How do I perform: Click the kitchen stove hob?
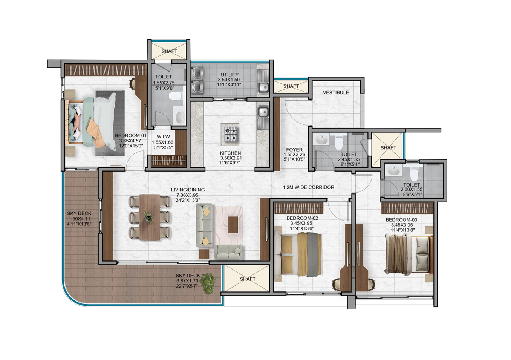coord(230,134)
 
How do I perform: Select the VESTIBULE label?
coord(336,93)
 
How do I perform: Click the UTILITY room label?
coord(229,75)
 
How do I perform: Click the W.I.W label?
coord(163,137)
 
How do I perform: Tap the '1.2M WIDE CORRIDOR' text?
coord(309,187)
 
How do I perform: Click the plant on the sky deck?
coord(209,284)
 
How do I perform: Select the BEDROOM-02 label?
coord(302,218)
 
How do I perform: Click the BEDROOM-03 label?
coord(401,220)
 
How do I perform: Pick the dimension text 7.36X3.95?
coord(187,195)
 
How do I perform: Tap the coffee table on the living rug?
coord(233,225)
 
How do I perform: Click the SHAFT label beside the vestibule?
coord(291,86)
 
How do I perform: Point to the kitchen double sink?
coord(263,118)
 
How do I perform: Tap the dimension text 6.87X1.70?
coord(187,281)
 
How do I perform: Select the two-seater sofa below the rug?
coord(228,252)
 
